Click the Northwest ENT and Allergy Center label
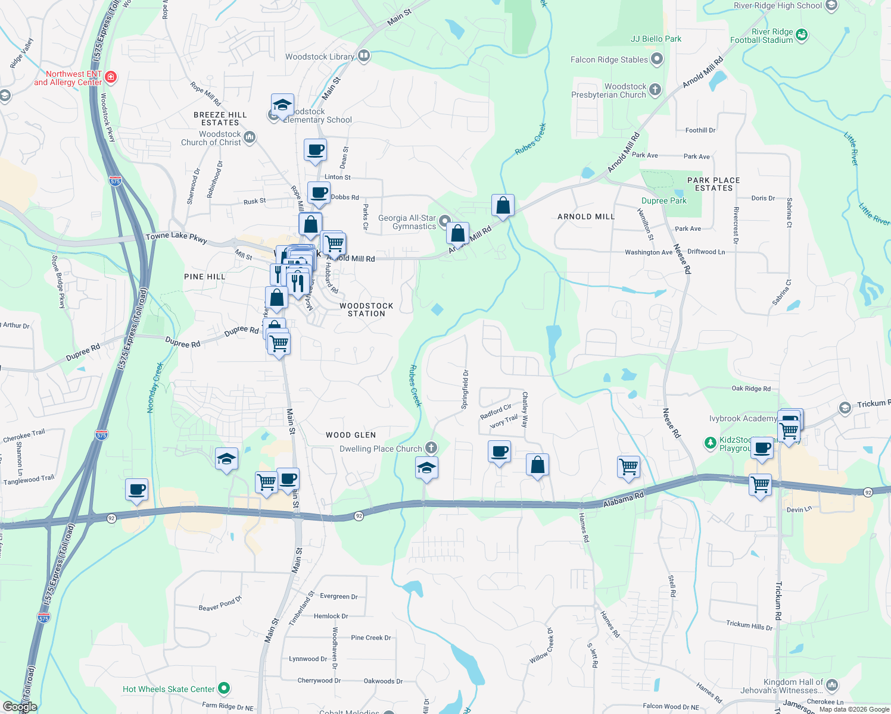click(68, 78)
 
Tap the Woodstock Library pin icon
click(364, 57)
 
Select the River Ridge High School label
click(778, 5)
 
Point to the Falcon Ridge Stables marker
click(657, 59)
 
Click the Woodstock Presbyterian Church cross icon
click(655, 90)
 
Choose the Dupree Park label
click(663, 201)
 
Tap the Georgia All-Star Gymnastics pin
click(444, 222)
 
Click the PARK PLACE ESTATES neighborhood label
click(714, 184)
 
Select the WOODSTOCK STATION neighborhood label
click(366, 309)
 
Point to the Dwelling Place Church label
click(381, 449)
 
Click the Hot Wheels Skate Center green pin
click(224, 688)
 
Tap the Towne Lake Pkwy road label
click(176, 237)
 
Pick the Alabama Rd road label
click(624, 499)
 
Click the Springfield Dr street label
click(465, 389)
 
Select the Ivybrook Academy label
click(743, 418)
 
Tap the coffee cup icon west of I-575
click(137, 490)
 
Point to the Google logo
click(20, 706)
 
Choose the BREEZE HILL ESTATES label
click(220, 118)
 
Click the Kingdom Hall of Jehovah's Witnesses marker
click(832, 685)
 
